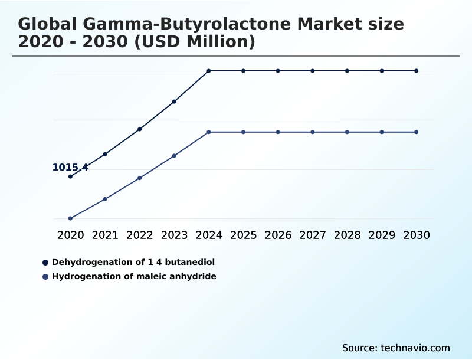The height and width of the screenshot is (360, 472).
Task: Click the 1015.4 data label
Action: (x=70, y=168)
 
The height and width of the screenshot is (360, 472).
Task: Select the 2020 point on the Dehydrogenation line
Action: (x=70, y=176)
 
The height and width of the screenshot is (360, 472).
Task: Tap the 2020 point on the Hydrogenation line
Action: (x=70, y=218)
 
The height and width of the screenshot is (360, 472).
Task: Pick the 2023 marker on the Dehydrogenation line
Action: (x=174, y=102)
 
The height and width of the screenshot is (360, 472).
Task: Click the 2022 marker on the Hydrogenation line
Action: (x=140, y=178)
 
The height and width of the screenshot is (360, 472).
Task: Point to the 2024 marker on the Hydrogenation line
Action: (x=209, y=132)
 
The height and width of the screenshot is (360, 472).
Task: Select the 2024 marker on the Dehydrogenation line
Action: (x=209, y=71)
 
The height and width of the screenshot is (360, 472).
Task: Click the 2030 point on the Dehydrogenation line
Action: (x=417, y=71)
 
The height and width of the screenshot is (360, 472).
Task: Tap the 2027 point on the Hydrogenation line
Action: (x=313, y=132)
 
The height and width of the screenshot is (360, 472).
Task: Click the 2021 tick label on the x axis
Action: (x=105, y=235)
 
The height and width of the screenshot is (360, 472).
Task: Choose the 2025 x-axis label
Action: (x=243, y=235)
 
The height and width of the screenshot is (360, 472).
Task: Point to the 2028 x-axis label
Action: (x=347, y=235)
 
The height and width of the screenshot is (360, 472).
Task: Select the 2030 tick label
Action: (x=417, y=235)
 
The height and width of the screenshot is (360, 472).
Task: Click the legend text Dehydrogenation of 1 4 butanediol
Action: (x=133, y=262)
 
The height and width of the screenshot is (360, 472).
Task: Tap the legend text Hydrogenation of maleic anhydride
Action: (x=134, y=276)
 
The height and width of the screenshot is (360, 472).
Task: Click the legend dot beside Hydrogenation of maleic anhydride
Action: (x=45, y=276)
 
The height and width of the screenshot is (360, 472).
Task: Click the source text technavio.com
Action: (x=415, y=348)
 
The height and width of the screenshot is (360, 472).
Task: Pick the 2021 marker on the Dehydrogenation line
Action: (x=105, y=154)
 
